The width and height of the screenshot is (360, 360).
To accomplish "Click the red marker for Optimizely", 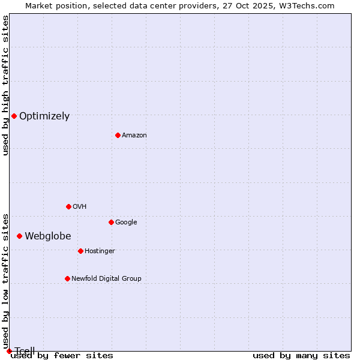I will (14, 116).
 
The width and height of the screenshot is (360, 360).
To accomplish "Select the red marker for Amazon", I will (118, 135).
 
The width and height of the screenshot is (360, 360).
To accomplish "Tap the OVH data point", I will (68, 206).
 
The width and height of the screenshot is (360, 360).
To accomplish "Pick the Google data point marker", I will (111, 222).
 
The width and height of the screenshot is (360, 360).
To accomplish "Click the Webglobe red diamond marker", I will (19, 236).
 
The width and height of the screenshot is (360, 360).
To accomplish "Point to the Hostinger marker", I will (80, 251).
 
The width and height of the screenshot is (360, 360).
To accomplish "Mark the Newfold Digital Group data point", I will (67, 278).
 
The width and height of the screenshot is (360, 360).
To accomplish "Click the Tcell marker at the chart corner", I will (9, 351).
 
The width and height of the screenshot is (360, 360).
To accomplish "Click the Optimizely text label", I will (44, 116).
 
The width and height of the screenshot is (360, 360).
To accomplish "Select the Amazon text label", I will (134, 136).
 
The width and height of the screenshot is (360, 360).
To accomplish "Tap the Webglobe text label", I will (48, 236).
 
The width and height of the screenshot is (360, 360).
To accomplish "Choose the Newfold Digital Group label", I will (107, 278).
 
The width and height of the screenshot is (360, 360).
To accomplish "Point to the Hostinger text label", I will (100, 251).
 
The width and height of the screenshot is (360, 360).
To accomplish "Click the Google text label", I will (126, 222).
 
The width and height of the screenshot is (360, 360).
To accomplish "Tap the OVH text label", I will (80, 206).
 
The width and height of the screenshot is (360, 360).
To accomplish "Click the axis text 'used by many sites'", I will (301, 356).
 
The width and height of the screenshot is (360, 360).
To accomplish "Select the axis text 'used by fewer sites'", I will (62, 356).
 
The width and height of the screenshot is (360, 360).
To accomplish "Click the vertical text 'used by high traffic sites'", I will (6, 85).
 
